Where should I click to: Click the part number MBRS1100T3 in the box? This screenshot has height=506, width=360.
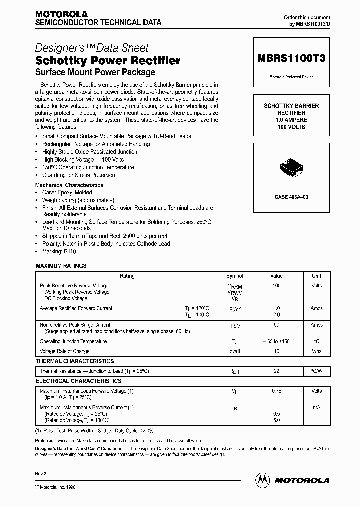pyautogui.click(x=291, y=58)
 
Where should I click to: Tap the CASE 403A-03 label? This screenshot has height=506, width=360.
pyautogui.click(x=291, y=197)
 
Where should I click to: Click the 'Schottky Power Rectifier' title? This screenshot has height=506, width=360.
pyautogui.click(x=108, y=61)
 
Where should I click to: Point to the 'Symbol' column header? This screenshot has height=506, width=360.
pyautogui.click(x=235, y=276)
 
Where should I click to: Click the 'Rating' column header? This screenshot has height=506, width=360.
pyautogui.click(x=127, y=276)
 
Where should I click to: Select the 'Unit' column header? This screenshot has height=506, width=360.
pyautogui.click(x=316, y=276)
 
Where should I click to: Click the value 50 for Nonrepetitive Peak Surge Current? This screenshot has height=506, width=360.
pyautogui.click(x=276, y=325)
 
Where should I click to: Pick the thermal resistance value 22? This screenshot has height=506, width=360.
pyautogui.click(x=276, y=371)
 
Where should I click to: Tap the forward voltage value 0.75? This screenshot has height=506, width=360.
pyautogui.click(x=276, y=391)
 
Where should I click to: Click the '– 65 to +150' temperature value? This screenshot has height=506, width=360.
pyautogui.click(x=276, y=342)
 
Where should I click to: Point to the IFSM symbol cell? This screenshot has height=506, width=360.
pyautogui.click(x=235, y=325)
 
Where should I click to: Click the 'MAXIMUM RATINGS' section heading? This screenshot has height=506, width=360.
pyautogui.click(x=61, y=266)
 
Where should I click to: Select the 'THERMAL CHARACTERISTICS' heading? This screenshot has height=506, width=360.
pyautogui.click(x=75, y=361)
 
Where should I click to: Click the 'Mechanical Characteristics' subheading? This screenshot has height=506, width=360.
pyautogui.click(x=69, y=185)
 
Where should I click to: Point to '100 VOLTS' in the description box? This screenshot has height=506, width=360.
pyautogui.click(x=291, y=127)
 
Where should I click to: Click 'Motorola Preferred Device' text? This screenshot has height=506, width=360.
pyautogui.click(x=291, y=77)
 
